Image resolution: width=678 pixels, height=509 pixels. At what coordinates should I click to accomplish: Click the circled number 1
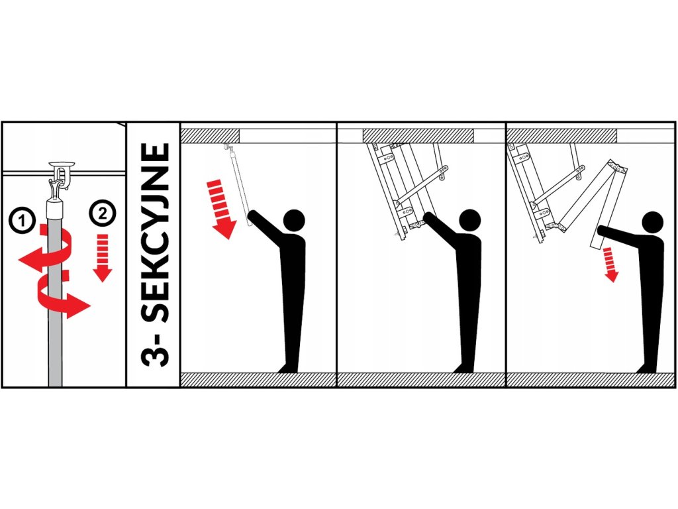point(22,221)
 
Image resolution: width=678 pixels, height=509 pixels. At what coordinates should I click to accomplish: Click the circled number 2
point(103,213)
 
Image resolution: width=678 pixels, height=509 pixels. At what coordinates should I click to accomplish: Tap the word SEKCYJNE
point(154,233)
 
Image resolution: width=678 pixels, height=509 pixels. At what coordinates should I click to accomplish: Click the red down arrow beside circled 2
point(103,258)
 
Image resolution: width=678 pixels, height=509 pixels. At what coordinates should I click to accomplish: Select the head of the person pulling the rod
point(293,220)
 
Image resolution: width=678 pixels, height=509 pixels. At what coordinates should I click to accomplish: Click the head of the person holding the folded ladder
point(469,220)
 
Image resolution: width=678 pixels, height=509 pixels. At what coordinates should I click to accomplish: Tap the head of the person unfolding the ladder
point(652,223)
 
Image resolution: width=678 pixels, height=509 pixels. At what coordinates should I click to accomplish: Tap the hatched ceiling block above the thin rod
point(210,135)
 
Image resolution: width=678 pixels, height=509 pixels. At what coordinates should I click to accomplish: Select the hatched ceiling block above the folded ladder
point(418,135)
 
